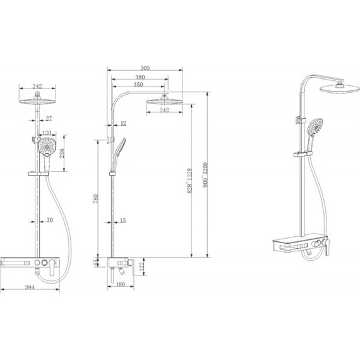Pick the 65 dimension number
click(x=96, y=263)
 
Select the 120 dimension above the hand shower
click(x=46, y=133)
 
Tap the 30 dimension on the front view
click(x=50, y=220)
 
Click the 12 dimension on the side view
click(x=122, y=123)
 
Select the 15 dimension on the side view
click(x=122, y=220)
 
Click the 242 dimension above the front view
click(x=38, y=87)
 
